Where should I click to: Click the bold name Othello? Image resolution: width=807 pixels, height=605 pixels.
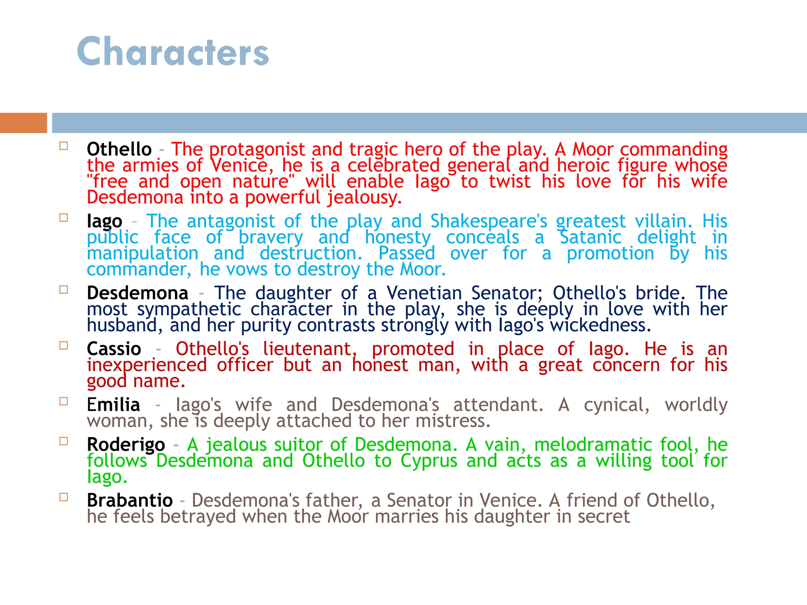[x=119, y=150]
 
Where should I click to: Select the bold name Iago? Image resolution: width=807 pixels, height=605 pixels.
[x=104, y=221]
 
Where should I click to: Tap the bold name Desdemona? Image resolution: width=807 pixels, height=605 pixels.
[x=138, y=293]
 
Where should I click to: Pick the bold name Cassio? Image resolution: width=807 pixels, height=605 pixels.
[x=114, y=349]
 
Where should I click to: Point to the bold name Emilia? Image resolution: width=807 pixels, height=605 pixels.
[x=113, y=405]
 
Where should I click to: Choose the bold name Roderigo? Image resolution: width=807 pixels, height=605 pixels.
[x=126, y=445]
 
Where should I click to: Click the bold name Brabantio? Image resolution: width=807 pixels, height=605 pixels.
[x=130, y=501]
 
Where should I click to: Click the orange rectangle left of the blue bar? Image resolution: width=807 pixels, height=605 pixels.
[x=23, y=123]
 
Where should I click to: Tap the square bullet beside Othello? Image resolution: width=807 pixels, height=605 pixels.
[x=64, y=146]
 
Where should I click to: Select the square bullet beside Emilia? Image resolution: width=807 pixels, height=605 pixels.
[x=64, y=401]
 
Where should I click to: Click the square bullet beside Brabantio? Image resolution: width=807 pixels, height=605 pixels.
[x=64, y=497]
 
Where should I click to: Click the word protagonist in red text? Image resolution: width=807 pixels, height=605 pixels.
[x=257, y=150]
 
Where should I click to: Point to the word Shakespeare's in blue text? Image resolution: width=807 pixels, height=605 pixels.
[x=489, y=221]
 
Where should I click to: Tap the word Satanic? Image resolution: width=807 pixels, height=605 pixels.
[x=591, y=238]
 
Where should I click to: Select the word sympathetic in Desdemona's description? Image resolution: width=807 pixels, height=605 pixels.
[x=189, y=310]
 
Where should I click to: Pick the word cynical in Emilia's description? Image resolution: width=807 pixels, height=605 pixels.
[x=617, y=405]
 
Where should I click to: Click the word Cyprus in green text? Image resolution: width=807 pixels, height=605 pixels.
[x=429, y=461]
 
